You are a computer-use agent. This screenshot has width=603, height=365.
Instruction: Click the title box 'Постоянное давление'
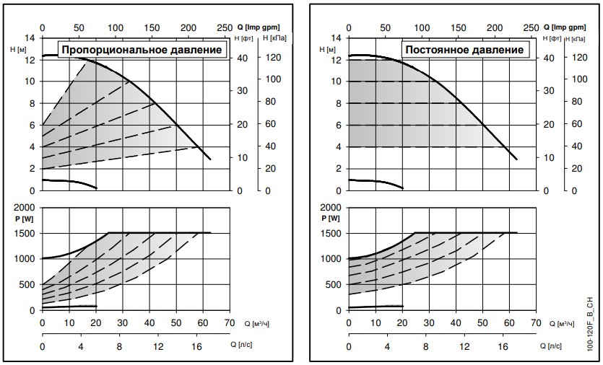pos(464,50)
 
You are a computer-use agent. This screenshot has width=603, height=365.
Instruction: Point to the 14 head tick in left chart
pos(30,38)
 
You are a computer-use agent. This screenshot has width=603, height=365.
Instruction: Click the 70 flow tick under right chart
pos(535,322)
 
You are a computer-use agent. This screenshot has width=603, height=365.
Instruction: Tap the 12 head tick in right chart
pos(337,60)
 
